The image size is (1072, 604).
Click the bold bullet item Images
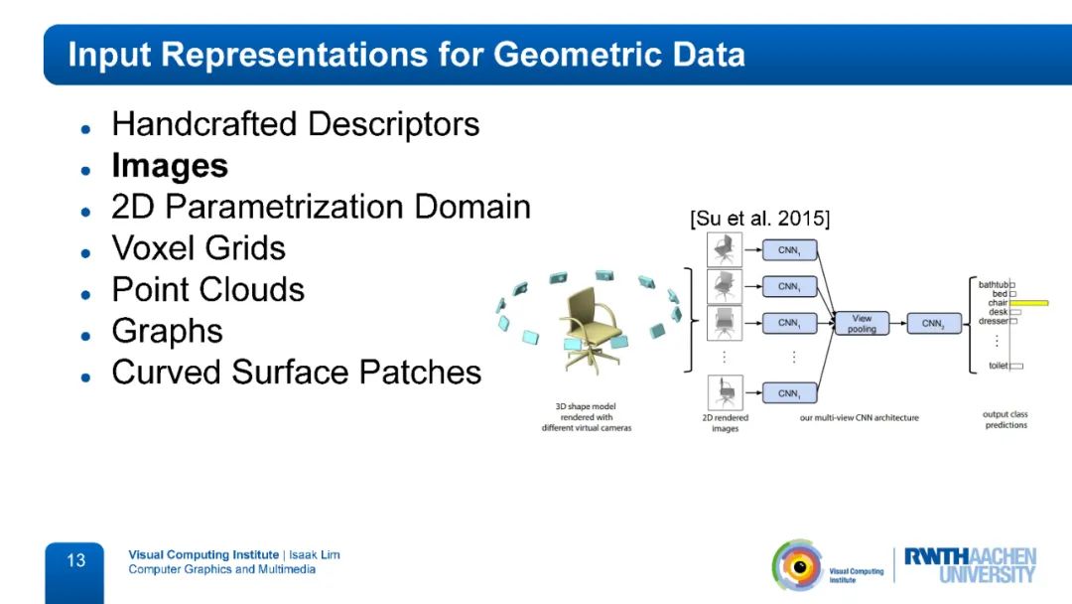pos(170,166)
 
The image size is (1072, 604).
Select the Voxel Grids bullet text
pos(199,248)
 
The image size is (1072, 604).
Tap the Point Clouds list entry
pos(207,290)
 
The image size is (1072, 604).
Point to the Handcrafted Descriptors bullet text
pos(296,124)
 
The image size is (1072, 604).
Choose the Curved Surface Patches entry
pos(296,373)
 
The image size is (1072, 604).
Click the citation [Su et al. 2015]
pos(759,219)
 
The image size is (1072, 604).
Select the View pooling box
pos(862,324)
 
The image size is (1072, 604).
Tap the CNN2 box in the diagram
pos(933,324)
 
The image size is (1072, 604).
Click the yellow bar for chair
pos(1028,303)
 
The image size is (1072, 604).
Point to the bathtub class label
pos(993,285)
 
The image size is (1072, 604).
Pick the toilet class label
pos(998,366)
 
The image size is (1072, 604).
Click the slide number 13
pos(76,561)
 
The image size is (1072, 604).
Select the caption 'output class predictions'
pos(1005,420)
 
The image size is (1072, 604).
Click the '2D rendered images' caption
pos(725,423)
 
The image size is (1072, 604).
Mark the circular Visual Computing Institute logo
pos(797,566)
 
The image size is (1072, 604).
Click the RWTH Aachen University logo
pos(969,565)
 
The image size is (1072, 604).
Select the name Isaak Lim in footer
pos(316,554)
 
